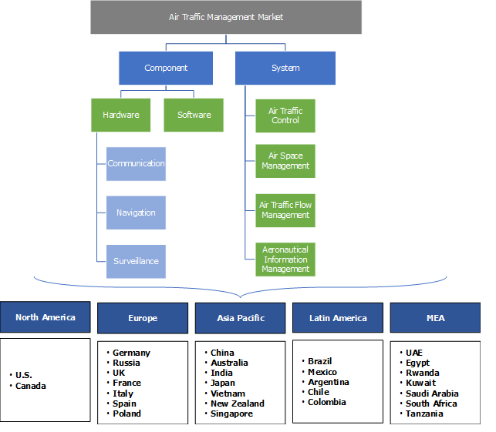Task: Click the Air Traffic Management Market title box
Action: point(226,17)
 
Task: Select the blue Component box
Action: point(166,68)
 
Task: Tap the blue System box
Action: point(285,68)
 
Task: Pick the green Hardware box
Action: point(121,115)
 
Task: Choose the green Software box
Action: point(194,115)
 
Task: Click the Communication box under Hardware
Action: point(136,163)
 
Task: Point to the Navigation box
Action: point(136,213)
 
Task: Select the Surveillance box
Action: point(136,261)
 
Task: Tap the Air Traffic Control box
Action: point(285,116)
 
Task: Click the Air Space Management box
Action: point(285,160)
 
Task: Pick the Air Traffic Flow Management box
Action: point(285,210)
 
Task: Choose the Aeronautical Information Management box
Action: point(285,260)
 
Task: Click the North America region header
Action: point(46,317)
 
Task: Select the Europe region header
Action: point(143,318)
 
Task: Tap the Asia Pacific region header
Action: point(240,318)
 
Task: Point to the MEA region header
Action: point(435,318)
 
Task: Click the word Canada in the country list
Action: point(31,386)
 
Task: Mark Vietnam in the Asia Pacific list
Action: point(228,393)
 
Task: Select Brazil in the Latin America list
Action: point(320,361)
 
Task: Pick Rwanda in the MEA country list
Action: point(422,373)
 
